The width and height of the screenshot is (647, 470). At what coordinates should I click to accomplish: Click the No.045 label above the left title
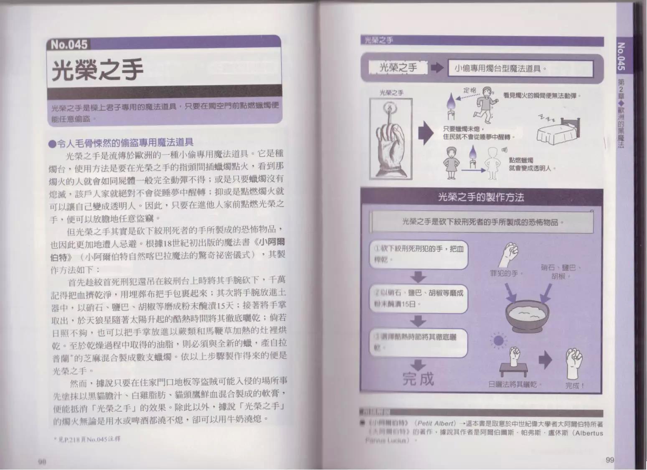(69, 44)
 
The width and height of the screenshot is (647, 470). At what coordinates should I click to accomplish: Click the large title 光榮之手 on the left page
(98, 69)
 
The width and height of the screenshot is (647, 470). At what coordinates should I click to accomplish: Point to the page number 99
(609, 460)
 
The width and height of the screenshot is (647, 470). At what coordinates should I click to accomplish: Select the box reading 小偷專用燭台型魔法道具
(520, 69)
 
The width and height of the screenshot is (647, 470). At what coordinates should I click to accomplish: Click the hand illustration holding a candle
(391, 138)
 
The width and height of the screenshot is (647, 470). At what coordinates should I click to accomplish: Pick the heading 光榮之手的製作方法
(481, 197)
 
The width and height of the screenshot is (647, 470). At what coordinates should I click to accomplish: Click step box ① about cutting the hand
(419, 254)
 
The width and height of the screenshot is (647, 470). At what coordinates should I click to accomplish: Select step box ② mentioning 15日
(419, 298)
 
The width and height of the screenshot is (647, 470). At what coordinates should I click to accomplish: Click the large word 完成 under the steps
(418, 379)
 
